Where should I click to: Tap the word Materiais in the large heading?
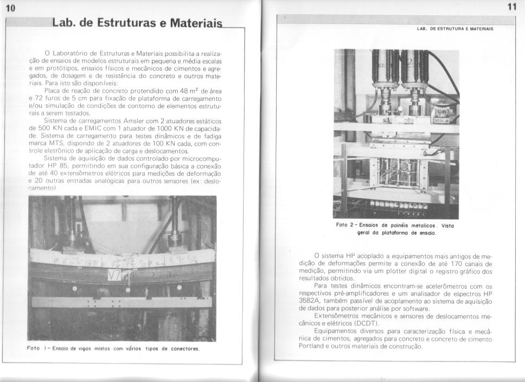click(x=196, y=24)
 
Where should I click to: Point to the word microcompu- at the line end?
click(x=202, y=158)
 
